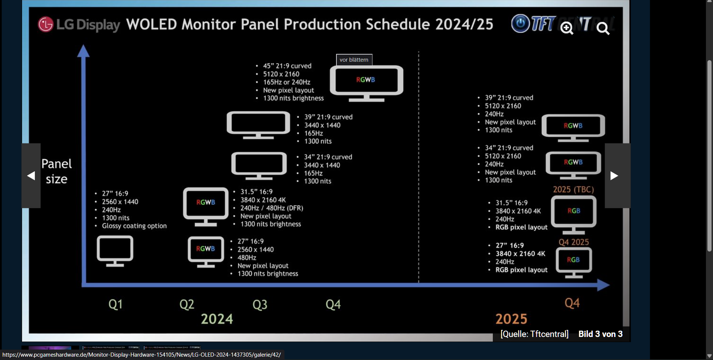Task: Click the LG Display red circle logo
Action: (46, 25)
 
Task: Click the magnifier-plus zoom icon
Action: (567, 28)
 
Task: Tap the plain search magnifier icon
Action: (603, 28)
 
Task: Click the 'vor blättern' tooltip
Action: (354, 60)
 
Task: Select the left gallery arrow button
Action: (31, 176)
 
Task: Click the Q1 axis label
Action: (115, 304)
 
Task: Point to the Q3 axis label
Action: (260, 305)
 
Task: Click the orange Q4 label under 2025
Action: (572, 303)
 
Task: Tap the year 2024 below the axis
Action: (217, 319)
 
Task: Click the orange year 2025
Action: (511, 319)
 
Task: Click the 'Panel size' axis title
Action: (56, 171)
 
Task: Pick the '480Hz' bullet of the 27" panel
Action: (247, 257)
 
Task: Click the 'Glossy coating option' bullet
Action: (134, 226)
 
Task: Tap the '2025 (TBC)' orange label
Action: (573, 189)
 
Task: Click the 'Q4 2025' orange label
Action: (573, 242)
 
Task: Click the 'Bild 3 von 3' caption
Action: (600, 334)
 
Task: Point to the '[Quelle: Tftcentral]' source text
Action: (534, 334)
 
